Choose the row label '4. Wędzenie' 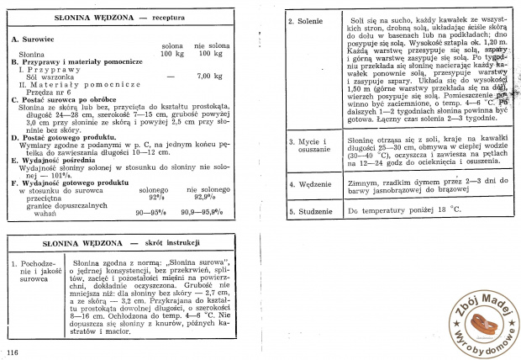click(x=310, y=183)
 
